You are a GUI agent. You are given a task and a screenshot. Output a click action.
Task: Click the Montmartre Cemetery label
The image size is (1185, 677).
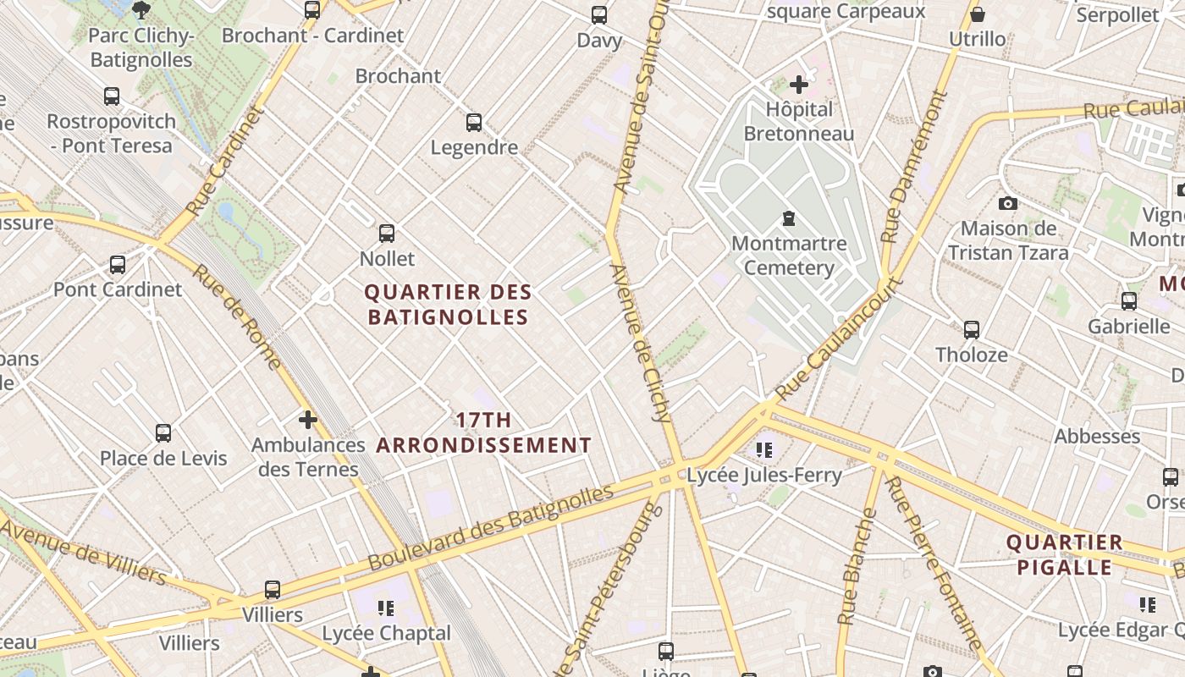click(789, 256)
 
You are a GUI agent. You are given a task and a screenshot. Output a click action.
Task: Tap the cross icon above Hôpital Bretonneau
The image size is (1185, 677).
click(798, 85)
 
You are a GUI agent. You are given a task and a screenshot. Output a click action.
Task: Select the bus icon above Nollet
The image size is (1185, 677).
click(387, 233)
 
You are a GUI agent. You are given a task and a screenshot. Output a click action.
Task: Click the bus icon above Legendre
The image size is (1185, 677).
click(474, 123)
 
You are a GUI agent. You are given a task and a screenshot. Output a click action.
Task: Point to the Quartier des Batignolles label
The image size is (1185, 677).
click(448, 305)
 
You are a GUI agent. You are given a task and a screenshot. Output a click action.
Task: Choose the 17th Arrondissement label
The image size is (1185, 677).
click(483, 432)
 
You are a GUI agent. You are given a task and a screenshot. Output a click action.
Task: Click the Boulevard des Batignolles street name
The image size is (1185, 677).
click(491, 529)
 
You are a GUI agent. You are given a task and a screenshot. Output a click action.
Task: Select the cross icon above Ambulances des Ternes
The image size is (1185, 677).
click(308, 419)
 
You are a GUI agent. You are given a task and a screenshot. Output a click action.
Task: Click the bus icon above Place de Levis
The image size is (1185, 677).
click(163, 433)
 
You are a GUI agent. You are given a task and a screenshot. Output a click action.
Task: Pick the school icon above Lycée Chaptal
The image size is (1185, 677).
click(386, 608)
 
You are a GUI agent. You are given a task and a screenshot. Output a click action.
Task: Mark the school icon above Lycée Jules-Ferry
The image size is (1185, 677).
click(765, 449)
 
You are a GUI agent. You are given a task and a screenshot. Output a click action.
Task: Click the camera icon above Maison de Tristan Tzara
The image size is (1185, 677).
click(1007, 203)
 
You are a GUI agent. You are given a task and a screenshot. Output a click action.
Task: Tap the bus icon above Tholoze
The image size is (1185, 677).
click(972, 330)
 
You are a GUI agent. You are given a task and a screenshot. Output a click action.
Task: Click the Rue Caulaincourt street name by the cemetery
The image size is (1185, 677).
click(840, 338)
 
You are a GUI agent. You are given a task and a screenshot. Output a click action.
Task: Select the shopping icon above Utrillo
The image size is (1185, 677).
click(978, 14)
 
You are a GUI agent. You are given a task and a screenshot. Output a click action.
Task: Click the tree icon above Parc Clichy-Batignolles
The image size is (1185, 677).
click(141, 10)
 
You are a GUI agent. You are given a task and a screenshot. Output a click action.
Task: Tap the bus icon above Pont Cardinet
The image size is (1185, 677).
click(118, 265)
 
